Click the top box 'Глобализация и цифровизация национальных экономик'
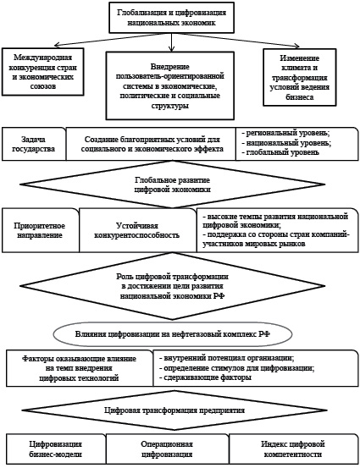point(171,17)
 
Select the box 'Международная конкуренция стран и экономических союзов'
point(42,72)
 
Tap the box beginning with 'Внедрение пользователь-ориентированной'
point(170,85)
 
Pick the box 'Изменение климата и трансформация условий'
point(300,77)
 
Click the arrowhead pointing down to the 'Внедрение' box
point(171,48)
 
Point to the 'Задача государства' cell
point(34,144)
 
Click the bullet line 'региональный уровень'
point(286,133)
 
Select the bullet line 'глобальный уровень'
point(280,152)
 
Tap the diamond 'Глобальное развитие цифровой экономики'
point(173,184)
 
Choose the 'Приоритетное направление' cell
point(41,230)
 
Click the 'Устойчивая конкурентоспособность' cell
point(137,230)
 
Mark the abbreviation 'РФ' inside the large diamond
point(219,296)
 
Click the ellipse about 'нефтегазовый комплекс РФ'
point(173,334)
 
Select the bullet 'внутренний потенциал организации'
point(226,358)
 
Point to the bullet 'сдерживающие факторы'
point(205,377)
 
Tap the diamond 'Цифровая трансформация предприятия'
point(174,410)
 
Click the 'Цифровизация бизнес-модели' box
point(56,449)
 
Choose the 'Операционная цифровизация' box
point(168,449)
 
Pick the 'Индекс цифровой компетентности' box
point(293,449)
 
